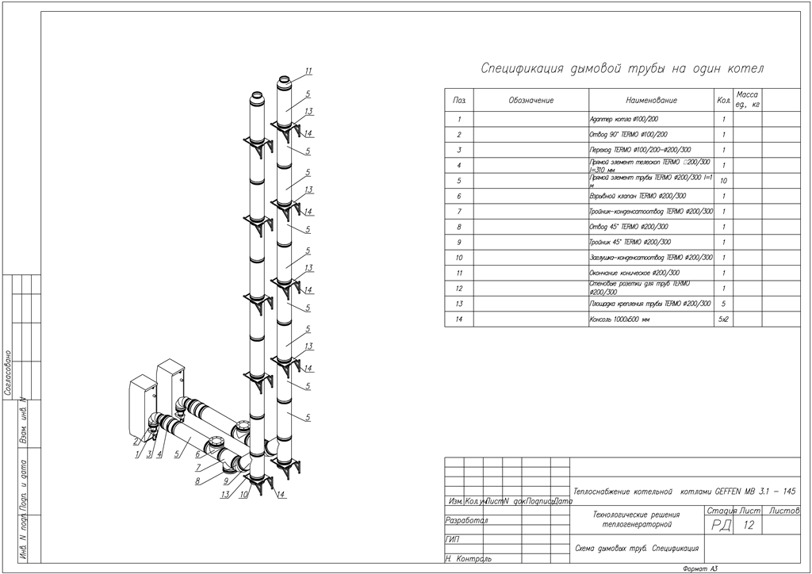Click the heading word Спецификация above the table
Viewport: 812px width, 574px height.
[x=523, y=69]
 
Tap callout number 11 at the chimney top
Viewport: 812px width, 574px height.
[x=308, y=71]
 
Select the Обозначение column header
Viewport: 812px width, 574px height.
[x=530, y=101]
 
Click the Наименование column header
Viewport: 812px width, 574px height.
[x=651, y=101]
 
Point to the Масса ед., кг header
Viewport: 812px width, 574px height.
[x=747, y=99]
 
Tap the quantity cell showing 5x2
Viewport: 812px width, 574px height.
[x=723, y=320]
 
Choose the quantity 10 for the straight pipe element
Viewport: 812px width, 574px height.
[x=723, y=181]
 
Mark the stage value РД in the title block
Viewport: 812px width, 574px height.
[x=721, y=526]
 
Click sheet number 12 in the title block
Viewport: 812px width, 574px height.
[x=748, y=526]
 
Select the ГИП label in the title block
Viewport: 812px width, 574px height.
[x=453, y=540]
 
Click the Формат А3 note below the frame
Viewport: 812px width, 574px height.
[x=699, y=568]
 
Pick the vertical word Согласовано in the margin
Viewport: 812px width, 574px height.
[x=7, y=373]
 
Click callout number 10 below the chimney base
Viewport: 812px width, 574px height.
[x=244, y=494]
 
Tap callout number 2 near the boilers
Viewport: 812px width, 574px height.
[x=136, y=441]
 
